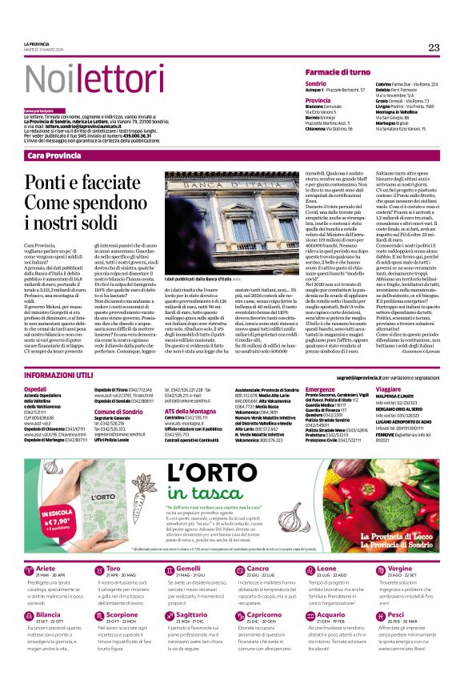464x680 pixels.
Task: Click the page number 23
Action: pyautogui.click(x=433, y=48)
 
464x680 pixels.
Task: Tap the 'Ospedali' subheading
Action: pyautogui.click(x=35, y=388)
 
